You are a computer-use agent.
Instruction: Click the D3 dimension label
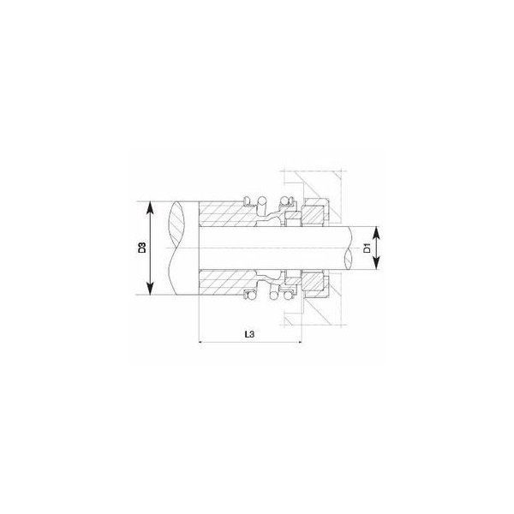click(141, 248)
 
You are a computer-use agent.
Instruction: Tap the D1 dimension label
click(368, 248)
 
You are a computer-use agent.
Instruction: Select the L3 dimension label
click(250, 334)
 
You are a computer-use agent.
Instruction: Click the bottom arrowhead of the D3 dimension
click(150, 288)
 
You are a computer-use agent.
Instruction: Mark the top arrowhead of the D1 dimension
click(376, 233)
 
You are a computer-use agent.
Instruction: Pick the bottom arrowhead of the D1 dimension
click(376, 263)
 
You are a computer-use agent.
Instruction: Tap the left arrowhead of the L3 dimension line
click(201, 342)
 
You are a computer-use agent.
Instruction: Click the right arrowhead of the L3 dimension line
click(298, 342)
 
